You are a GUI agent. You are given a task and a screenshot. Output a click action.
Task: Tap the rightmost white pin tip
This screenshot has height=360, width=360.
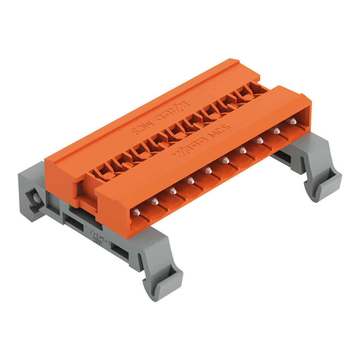point(292,121)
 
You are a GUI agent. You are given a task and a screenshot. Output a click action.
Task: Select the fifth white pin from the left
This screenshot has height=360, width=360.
point(208,171)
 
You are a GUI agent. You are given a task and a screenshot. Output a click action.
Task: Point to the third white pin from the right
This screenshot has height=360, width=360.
point(260,140)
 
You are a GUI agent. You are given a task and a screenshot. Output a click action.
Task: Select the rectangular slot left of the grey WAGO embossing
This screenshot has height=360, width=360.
point(72,220)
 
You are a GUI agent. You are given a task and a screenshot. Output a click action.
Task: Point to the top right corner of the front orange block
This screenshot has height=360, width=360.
point(311,98)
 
